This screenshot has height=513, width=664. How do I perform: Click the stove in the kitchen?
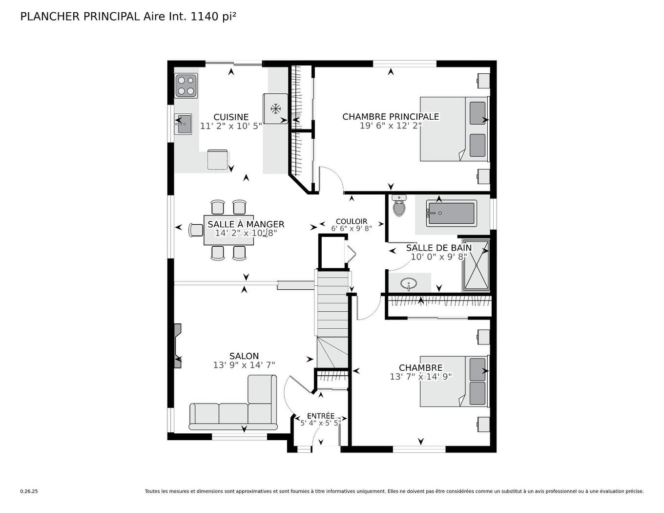[x=186, y=85]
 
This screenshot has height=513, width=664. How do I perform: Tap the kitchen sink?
[x=184, y=124]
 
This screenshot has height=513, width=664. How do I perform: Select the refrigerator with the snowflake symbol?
[x=275, y=108]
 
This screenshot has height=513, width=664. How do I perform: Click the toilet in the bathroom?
[x=399, y=206]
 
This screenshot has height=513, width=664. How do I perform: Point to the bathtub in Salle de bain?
[x=451, y=214]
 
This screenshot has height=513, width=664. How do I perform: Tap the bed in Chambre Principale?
[x=454, y=129]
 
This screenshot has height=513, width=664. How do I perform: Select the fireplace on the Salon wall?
[x=178, y=346]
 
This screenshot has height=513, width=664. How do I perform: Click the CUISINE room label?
[x=231, y=117]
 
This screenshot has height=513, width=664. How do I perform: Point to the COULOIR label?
[x=352, y=221]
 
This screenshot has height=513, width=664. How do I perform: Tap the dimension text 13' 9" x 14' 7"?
[x=244, y=365]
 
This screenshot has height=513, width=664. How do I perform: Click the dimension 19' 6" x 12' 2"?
[x=391, y=126]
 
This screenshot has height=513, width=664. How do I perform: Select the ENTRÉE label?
[x=321, y=416]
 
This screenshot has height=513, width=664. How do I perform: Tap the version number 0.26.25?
[x=29, y=492]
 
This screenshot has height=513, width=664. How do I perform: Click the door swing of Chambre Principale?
[x=332, y=179]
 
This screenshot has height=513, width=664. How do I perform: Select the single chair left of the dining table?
[x=196, y=230]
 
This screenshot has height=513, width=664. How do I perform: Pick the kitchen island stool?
[x=217, y=160]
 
